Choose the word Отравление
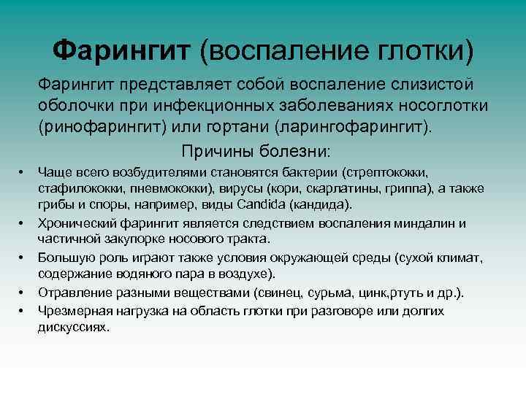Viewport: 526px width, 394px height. coord(71,292)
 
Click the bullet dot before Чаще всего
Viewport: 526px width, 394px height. coord(22,173)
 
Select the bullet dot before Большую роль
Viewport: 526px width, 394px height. coord(22,258)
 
